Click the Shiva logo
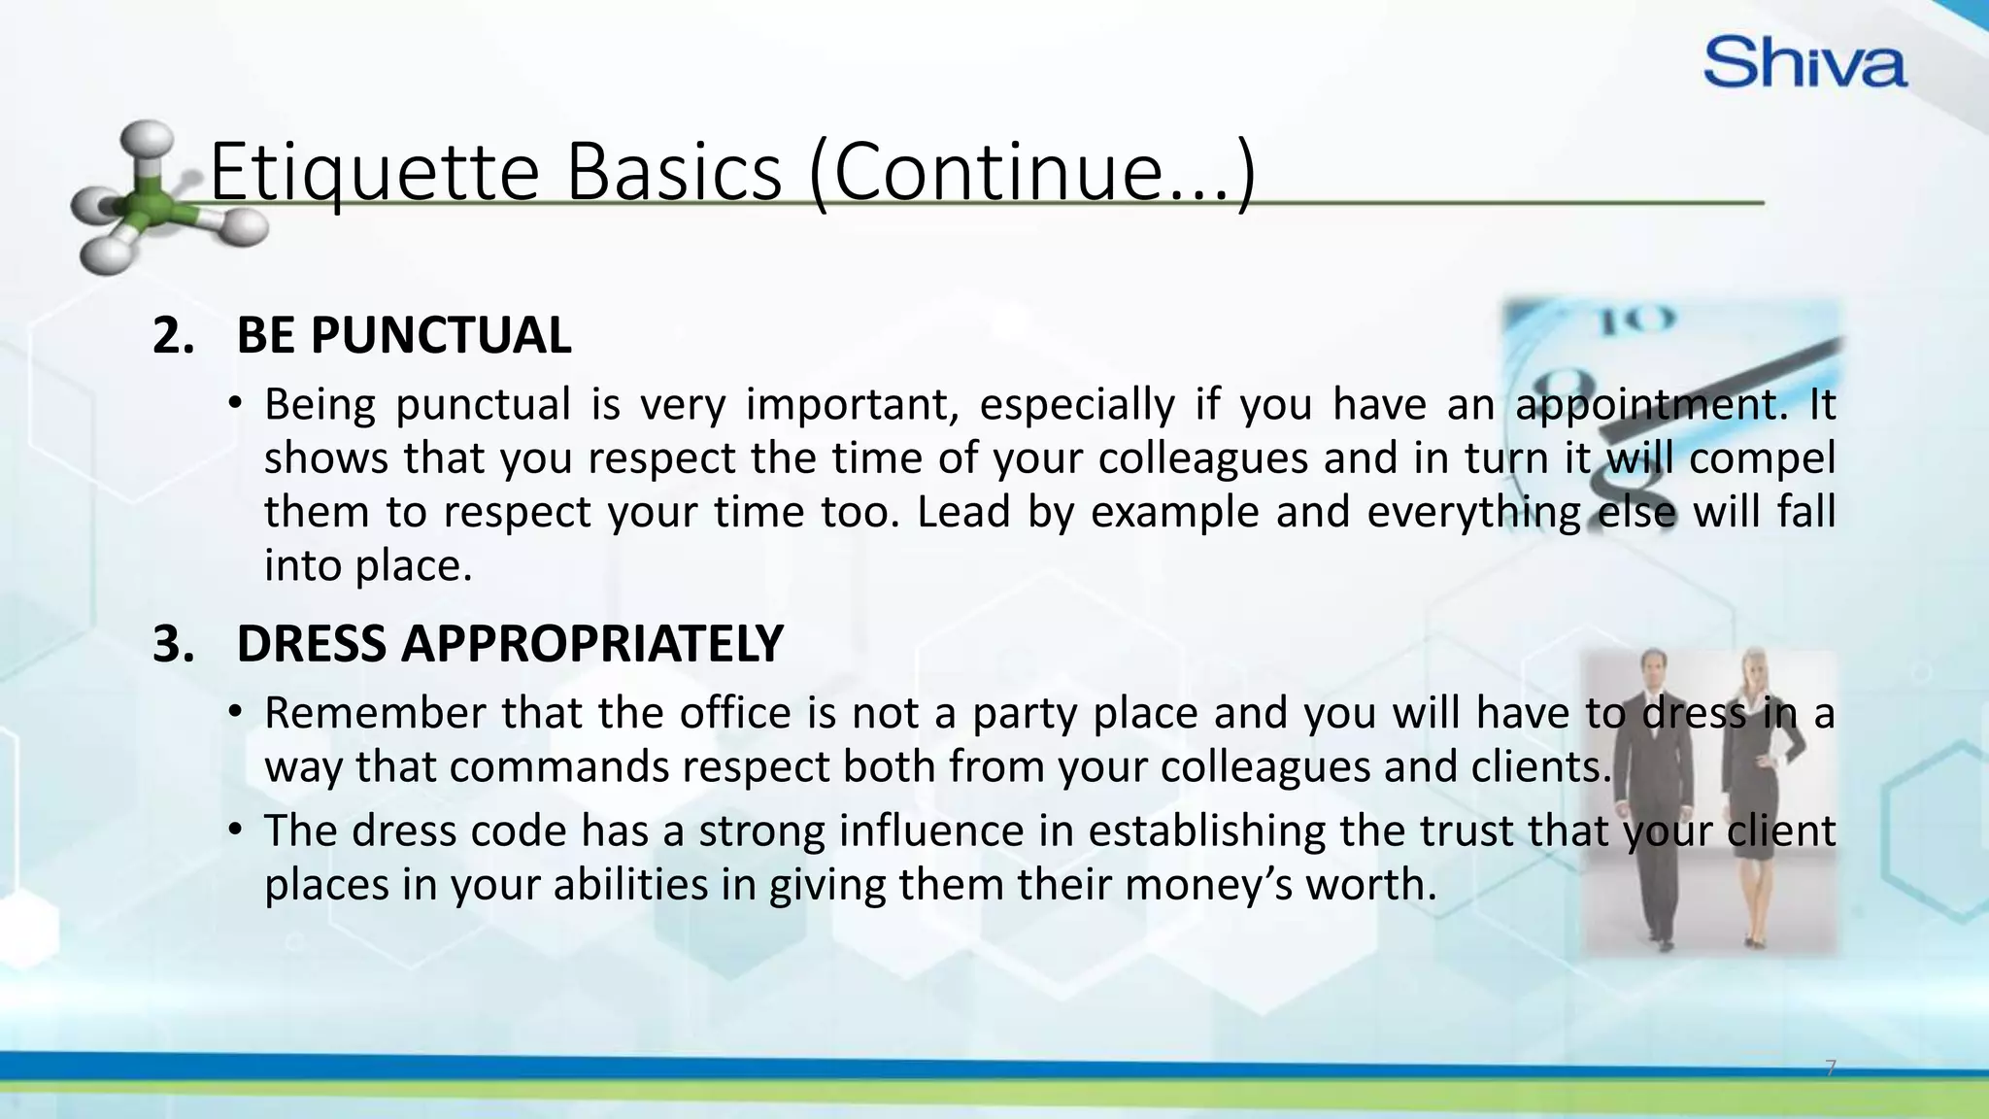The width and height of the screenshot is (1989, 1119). [1804, 63]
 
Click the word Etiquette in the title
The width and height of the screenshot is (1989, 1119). [374, 172]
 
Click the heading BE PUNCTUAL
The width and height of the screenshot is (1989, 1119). [403, 336]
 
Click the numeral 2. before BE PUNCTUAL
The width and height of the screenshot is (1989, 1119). [174, 336]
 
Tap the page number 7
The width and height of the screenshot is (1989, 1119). [1831, 1068]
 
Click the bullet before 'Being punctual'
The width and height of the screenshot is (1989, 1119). [234, 404]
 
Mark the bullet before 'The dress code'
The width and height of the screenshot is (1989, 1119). [234, 831]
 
